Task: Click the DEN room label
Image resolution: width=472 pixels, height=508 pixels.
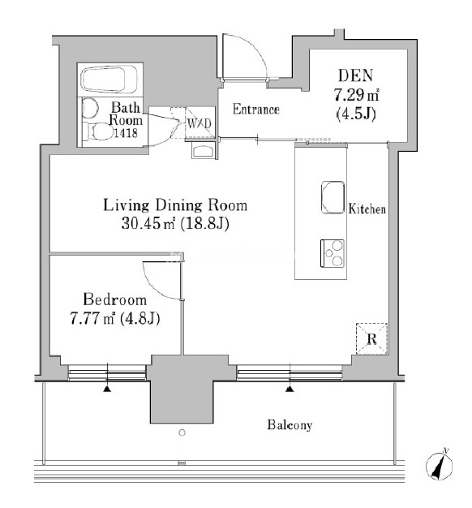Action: pyautogui.click(x=355, y=75)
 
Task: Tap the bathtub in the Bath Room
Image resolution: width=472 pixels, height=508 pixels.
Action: pyautogui.click(x=109, y=80)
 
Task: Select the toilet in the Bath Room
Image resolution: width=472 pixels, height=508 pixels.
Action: pyautogui.click(x=97, y=131)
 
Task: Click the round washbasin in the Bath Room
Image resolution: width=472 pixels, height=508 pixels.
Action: pyautogui.click(x=89, y=108)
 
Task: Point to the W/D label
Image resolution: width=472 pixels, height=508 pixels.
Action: pyautogui.click(x=199, y=123)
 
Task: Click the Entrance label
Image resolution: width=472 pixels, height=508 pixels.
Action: pyautogui.click(x=255, y=110)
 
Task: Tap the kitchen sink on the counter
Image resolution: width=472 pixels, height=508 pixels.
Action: pyautogui.click(x=333, y=197)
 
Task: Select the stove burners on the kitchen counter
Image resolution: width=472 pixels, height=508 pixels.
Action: pyautogui.click(x=333, y=253)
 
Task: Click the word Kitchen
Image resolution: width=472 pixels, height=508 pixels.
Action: pyautogui.click(x=367, y=209)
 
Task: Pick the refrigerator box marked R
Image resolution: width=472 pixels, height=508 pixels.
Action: pyautogui.click(x=371, y=339)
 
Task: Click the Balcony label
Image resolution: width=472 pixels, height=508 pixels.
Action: pyautogui.click(x=290, y=424)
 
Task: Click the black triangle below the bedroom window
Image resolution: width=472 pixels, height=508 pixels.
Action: pyautogui.click(x=107, y=389)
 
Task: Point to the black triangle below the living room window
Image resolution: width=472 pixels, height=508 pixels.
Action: pyautogui.click(x=290, y=389)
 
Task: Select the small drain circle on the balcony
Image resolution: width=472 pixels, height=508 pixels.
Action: pyautogui.click(x=182, y=433)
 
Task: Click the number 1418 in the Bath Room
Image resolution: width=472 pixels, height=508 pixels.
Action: pyautogui.click(x=125, y=132)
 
